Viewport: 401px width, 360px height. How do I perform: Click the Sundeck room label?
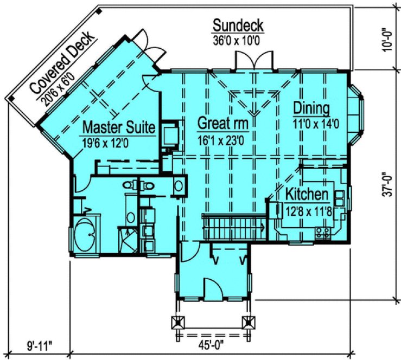tap(238, 25)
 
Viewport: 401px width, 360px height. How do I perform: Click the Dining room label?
tap(310, 107)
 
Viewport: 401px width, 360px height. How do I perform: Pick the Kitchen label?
tap(307, 194)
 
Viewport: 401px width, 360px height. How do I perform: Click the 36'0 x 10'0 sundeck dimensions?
tap(238, 40)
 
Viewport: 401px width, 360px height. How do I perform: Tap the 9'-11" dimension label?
tap(39, 343)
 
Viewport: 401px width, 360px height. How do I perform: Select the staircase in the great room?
tap(233, 226)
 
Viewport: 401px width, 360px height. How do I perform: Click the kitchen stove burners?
tap(323, 232)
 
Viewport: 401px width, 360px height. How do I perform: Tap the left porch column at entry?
tap(176, 322)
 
